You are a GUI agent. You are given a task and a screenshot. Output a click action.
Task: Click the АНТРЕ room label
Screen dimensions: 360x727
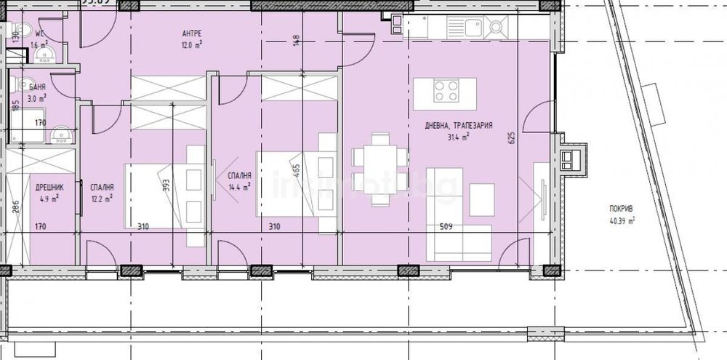click(192, 33)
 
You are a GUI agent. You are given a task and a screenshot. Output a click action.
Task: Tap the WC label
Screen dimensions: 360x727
click(41, 33)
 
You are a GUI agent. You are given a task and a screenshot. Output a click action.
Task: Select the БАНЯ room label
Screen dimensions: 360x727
click(36, 86)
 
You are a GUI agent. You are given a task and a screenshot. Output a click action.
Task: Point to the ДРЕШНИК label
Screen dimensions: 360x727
click(48, 187)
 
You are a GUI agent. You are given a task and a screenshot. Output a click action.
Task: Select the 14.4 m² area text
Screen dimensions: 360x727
click(239, 186)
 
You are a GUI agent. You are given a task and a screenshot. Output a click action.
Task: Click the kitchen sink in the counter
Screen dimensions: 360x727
click(497, 28)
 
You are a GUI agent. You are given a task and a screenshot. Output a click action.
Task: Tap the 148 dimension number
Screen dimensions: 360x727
click(296, 40)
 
